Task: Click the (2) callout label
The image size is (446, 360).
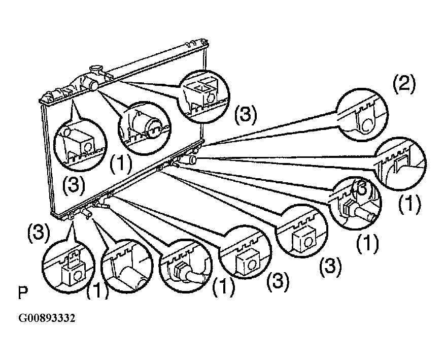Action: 404,84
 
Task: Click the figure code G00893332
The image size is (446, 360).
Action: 47,318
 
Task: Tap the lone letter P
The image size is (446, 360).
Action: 22,293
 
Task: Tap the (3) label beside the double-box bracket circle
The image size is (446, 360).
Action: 245,116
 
